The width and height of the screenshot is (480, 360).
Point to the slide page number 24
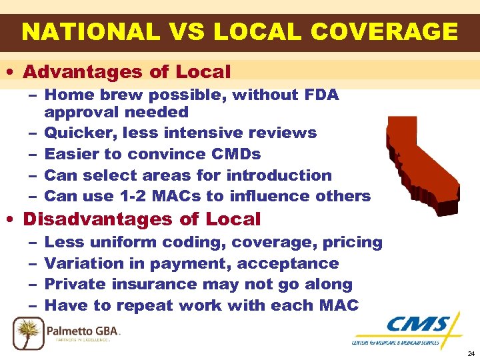coord(471,354)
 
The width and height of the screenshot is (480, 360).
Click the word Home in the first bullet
coord(64,95)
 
